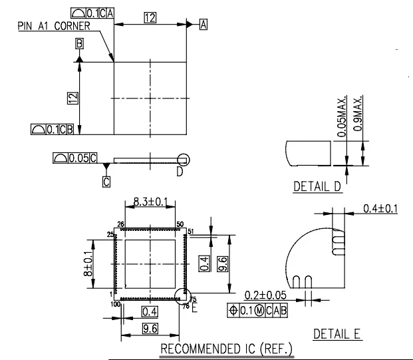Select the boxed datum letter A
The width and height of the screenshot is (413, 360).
coord(204,25)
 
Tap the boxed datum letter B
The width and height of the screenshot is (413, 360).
coord(79,44)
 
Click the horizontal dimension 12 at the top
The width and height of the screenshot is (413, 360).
coord(150,19)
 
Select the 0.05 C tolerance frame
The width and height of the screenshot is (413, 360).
coord(75,158)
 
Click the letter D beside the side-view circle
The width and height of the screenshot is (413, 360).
coord(179,172)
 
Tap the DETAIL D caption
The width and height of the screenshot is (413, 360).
coord(317,186)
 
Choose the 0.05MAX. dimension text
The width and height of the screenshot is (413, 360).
coord(342,117)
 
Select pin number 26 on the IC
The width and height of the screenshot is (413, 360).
coord(121,224)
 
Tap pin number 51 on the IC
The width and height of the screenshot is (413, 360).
coord(190,231)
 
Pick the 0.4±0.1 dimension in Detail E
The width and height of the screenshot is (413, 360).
coord(380,209)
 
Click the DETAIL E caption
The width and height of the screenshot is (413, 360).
coord(337,334)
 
